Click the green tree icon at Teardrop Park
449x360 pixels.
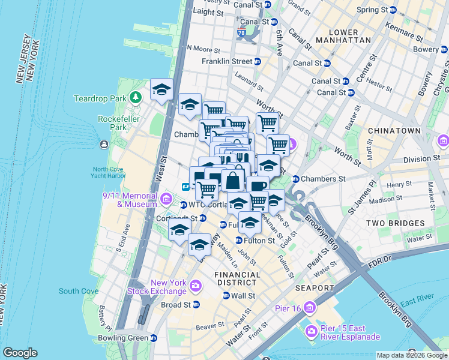(137, 97)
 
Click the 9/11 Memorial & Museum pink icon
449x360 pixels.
(166, 199)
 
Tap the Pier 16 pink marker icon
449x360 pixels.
(310, 308)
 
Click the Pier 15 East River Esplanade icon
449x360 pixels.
(312, 331)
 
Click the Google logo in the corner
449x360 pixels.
(20, 353)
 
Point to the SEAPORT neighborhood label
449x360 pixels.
(314, 288)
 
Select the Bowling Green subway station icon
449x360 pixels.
(153, 338)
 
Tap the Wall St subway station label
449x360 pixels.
(243, 296)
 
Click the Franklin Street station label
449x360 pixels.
(227, 61)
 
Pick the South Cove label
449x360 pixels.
(78, 291)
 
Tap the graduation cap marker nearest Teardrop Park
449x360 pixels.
(161, 90)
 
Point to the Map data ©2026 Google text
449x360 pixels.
(412, 355)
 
